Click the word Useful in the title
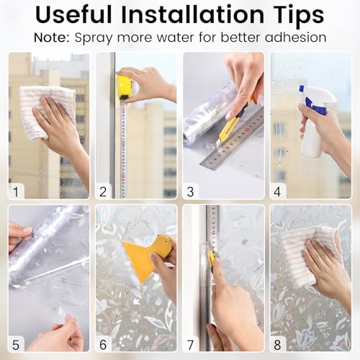click(85, 15)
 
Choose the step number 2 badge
click(104, 191)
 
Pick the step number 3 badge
click(191, 191)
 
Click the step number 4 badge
click(279, 191)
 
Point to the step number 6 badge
click(104, 343)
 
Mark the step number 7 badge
click(191, 343)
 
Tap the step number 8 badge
click(279, 343)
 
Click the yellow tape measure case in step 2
click(125, 86)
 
